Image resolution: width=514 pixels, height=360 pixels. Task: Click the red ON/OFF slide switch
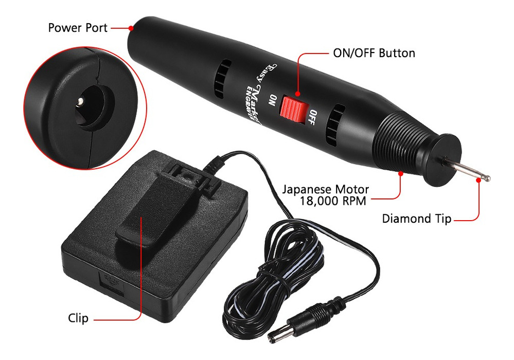(294, 109)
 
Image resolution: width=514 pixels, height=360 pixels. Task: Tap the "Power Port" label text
(78, 28)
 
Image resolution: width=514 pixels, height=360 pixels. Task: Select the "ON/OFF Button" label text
(374, 53)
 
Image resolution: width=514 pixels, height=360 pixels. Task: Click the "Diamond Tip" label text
(417, 219)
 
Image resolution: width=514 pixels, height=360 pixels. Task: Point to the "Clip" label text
(78, 318)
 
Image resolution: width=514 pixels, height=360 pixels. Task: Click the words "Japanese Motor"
(326, 189)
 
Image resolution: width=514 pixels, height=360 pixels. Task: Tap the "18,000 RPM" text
(333, 201)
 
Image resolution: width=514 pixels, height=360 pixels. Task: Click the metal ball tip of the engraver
(487, 178)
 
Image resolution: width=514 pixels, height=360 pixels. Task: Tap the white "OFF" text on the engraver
(312, 118)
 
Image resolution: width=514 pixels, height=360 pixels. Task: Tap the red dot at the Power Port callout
(131, 28)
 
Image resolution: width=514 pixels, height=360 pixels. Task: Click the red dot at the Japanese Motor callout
(400, 174)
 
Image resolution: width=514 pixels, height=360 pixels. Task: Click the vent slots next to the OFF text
(334, 126)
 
